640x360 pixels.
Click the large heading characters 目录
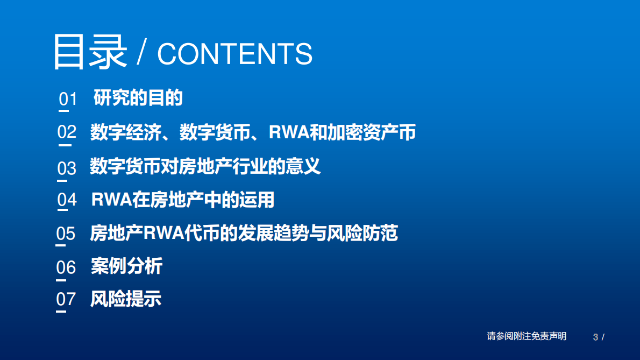click(90, 52)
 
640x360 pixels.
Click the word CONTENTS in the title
click(234, 54)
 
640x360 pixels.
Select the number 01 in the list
click(68, 99)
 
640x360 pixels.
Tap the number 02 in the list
click(67, 132)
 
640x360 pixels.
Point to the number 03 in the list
click(67, 168)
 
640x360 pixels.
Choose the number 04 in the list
click(67, 200)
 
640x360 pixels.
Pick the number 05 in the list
click(66, 234)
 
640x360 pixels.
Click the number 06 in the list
click(66, 267)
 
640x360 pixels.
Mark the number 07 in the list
click(66, 299)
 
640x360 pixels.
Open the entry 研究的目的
click(138, 98)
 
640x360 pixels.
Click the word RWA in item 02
click(289, 132)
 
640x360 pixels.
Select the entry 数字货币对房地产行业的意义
click(205, 166)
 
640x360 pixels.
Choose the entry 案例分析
click(126, 266)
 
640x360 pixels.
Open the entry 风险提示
click(126, 299)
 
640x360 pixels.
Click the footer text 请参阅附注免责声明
click(527, 336)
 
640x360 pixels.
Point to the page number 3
click(595, 337)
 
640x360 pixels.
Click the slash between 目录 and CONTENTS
click(141, 54)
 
